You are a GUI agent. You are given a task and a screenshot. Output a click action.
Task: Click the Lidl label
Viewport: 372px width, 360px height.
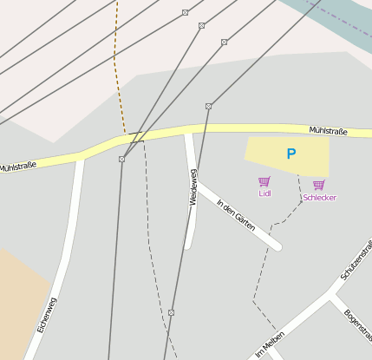click(x=264, y=193)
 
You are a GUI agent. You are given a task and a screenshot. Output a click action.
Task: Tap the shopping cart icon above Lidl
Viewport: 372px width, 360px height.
click(x=264, y=181)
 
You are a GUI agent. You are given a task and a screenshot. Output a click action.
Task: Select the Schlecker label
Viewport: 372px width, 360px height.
click(x=319, y=198)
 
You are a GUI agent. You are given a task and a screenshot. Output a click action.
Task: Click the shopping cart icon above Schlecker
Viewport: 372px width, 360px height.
click(x=318, y=185)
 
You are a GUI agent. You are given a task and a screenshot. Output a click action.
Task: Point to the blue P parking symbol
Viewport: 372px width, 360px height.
click(x=291, y=154)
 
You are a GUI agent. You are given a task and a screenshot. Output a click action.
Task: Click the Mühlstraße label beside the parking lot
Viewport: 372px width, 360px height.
click(x=328, y=131)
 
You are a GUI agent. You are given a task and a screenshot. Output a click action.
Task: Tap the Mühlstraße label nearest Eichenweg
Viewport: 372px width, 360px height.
click(x=17, y=166)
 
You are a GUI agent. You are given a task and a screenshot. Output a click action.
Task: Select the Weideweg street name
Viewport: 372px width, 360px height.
click(x=193, y=187)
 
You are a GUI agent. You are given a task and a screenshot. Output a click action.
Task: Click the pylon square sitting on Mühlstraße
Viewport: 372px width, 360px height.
click(x=121, y=159)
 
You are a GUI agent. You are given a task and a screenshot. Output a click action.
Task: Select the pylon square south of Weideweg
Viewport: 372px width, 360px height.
click(x=171, y=312)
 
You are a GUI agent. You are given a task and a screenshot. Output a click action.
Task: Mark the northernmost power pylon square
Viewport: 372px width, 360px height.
click(x=185, y=12)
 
